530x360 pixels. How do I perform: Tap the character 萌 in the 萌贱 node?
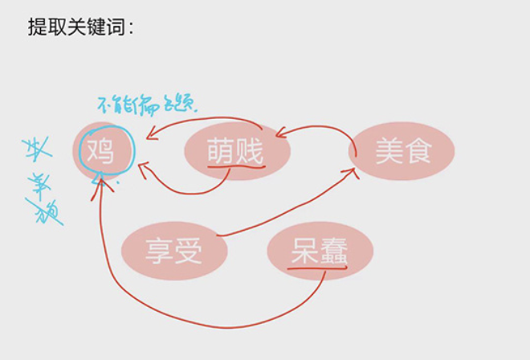(x=221, y=149)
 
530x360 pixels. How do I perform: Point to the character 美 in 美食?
(x=389, y=150)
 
